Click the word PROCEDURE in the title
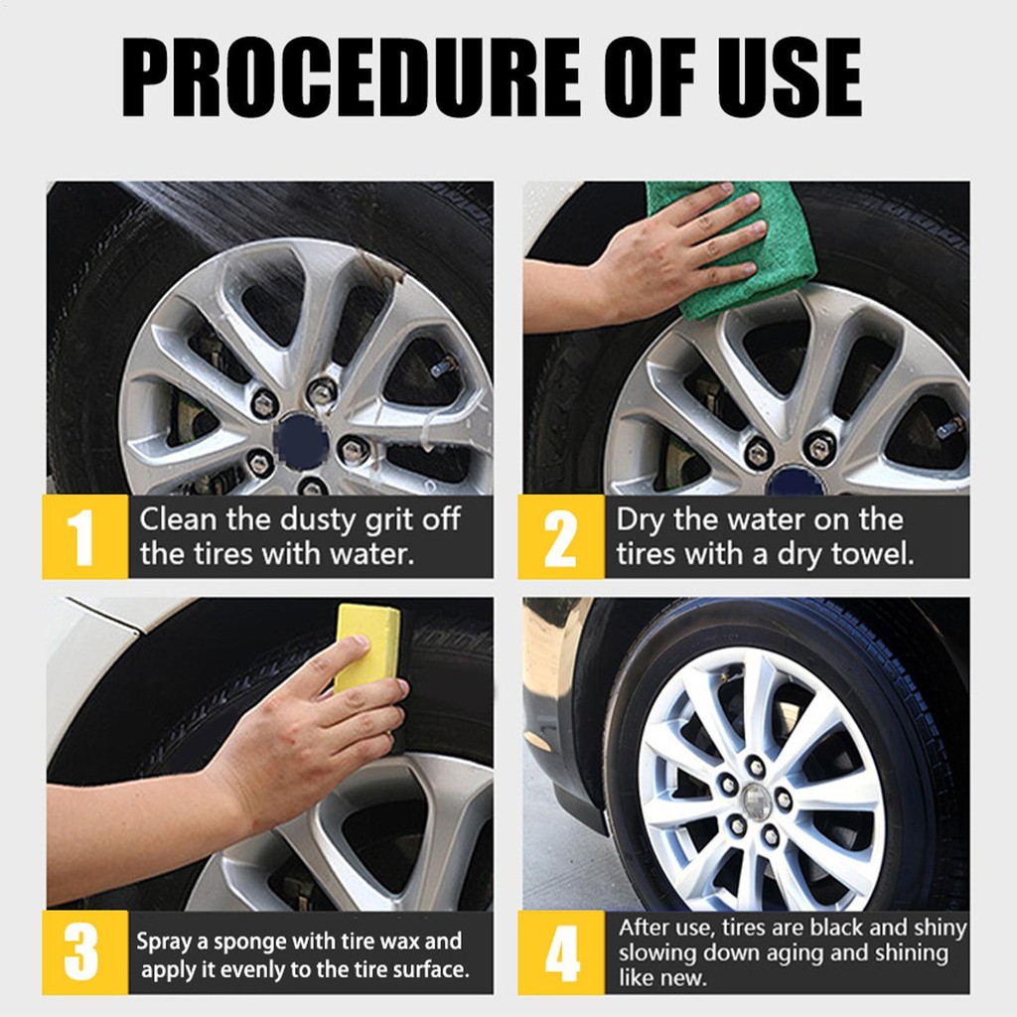point(352,77)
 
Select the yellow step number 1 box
point(85,536)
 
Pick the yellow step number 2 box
point(561,536)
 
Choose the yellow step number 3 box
point(85,952)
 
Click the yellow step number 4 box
point(561,952)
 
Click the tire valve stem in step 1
point(444,367)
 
